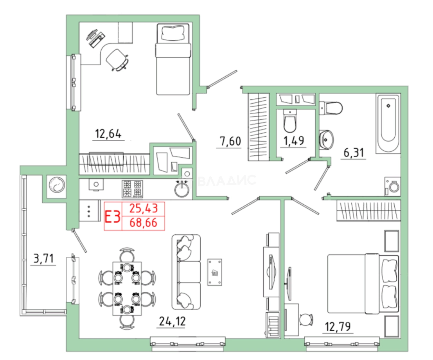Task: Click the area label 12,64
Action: point(108,134)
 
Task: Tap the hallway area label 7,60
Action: point(230,141)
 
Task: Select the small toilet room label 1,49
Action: point(294,141)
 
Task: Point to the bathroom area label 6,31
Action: point(354,153)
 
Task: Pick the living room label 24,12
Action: point(172,321)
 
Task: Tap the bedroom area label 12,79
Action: point(338,327)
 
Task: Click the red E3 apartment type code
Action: point(113,216)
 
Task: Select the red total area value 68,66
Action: point(143,223)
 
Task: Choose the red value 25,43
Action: point(144,208)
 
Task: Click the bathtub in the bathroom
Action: point(388,124)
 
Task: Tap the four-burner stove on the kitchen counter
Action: point(132,189)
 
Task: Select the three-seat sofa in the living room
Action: point(186,272)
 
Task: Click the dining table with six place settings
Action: point(127,289)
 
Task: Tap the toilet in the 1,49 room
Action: point(290,121)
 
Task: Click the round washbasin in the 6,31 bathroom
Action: point(326,140)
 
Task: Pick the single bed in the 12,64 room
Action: point(173,59)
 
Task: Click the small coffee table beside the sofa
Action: point(215,272)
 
